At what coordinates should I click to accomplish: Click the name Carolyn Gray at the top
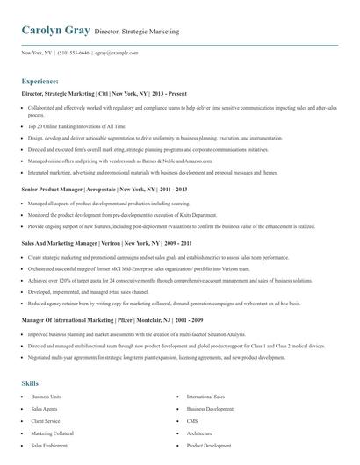click(x=55, y=31)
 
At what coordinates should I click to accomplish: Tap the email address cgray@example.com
click(x=118, y=53)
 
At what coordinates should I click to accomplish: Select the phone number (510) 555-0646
click(x=74, y=53)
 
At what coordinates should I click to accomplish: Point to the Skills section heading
click(x=30, y=383)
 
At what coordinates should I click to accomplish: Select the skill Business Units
click(x=46, y=397)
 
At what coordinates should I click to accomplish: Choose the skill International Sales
click(x=205, y=397)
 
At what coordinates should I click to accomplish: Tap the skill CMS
click(x=192, y=421)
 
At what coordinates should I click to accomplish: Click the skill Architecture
click(x=199, y=433)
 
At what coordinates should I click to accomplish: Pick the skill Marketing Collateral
click(x=52, y=433)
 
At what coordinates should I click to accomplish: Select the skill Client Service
click(x=45, y=421)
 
